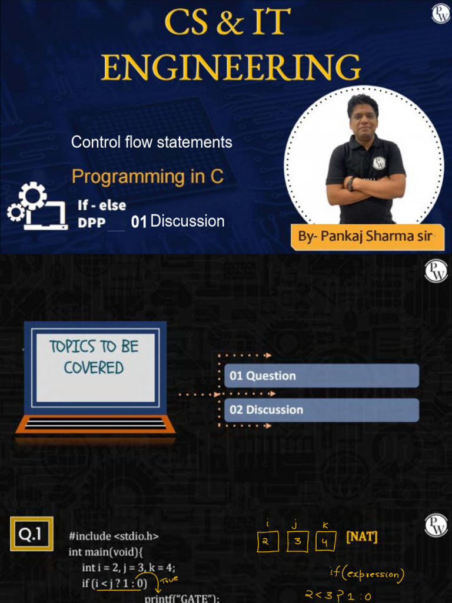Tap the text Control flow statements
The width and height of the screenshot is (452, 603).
[151, 143]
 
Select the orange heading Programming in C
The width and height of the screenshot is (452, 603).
[148, 177]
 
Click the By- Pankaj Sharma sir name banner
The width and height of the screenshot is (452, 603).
[367, 236]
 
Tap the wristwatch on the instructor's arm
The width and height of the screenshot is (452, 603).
[351, 184]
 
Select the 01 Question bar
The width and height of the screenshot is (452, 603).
[321, 375]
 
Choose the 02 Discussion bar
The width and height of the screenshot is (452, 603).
[321, 410]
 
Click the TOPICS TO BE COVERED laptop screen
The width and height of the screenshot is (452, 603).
[95, 367]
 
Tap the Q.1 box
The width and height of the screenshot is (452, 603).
[32, 534]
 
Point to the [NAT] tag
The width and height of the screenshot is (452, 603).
[362, 536]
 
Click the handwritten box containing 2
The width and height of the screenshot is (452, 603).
[268, 542]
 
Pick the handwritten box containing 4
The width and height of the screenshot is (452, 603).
[325, 542]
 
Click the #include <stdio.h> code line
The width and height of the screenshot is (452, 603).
[114, 536]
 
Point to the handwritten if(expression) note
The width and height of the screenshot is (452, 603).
[367, 575]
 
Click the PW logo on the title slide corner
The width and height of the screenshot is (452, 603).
[440, 14]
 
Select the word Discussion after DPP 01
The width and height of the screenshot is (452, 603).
[188, 221]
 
